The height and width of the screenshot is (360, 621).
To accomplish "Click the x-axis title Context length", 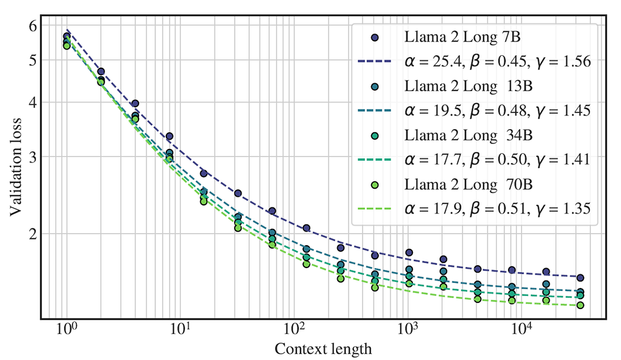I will (323, 349).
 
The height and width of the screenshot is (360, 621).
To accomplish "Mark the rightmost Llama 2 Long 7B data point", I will (580, 277).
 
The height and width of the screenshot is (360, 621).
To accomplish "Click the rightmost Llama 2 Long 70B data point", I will (580, 305).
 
